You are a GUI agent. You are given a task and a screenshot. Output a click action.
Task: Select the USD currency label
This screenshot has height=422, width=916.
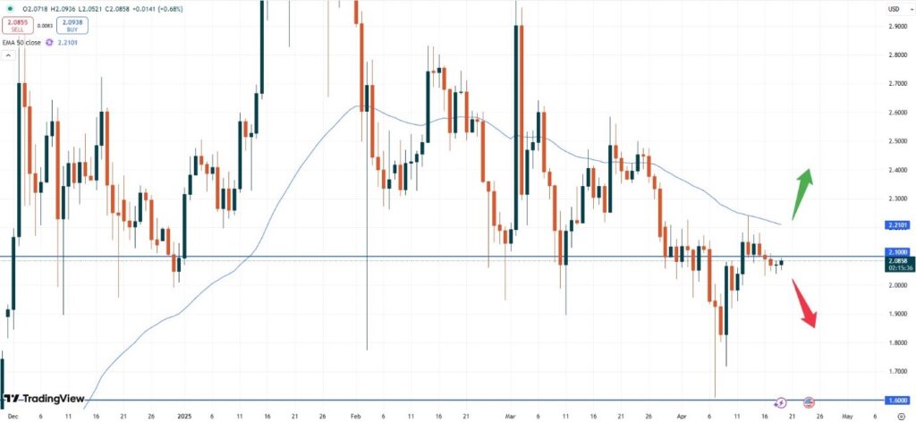click(893, 9)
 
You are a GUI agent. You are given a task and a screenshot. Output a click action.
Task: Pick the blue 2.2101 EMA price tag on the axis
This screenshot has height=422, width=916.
click(898, 224)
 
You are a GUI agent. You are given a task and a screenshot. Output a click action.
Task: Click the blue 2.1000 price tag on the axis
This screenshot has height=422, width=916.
click(898, 254)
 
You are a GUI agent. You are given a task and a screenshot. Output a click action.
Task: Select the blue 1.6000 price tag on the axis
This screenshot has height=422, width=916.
click(898, 400)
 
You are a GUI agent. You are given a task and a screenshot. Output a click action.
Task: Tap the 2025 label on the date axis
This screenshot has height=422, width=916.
click(184, 416)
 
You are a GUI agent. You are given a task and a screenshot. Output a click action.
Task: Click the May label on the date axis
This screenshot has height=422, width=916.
click(847, 416)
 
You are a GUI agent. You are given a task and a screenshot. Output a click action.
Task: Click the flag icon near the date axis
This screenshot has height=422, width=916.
click(809, 403)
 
